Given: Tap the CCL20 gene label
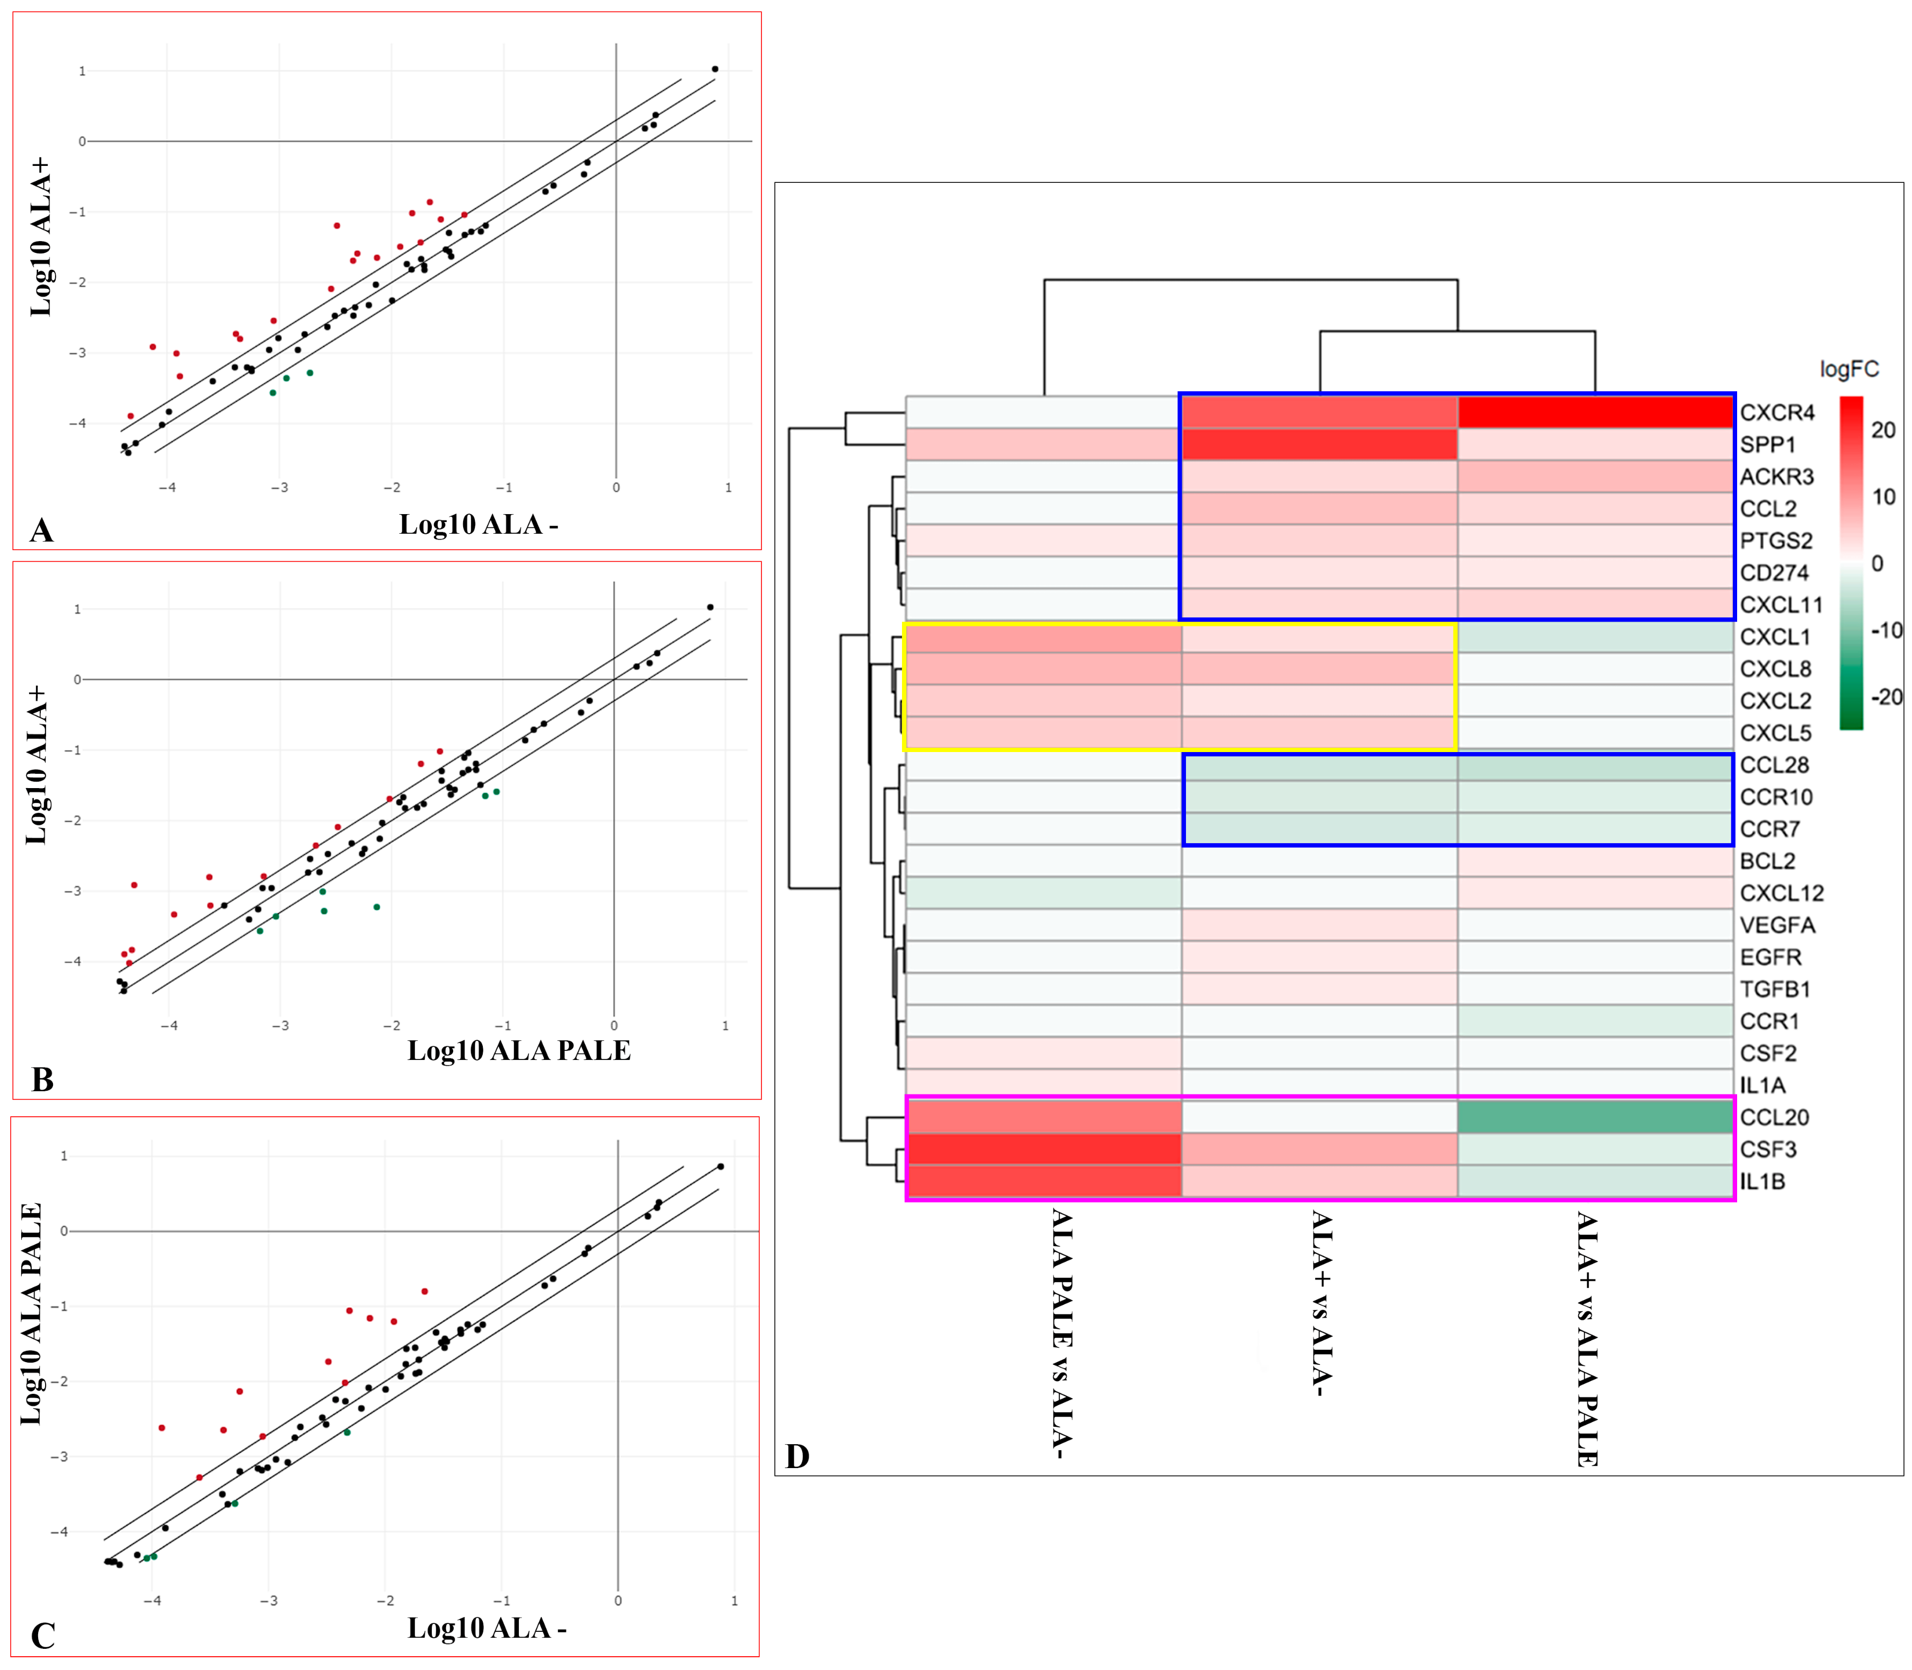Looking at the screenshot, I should (x=1774, y=1117).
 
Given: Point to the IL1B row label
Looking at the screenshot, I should (x=1762, y=1182).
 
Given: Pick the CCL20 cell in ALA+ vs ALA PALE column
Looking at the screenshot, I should (x=1595, y=1117).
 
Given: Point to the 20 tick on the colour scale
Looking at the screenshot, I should (x=1883, y=430).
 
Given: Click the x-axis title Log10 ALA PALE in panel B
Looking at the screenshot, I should (x=519, y=1051).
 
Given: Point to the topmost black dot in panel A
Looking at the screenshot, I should (x=715, y=69).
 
